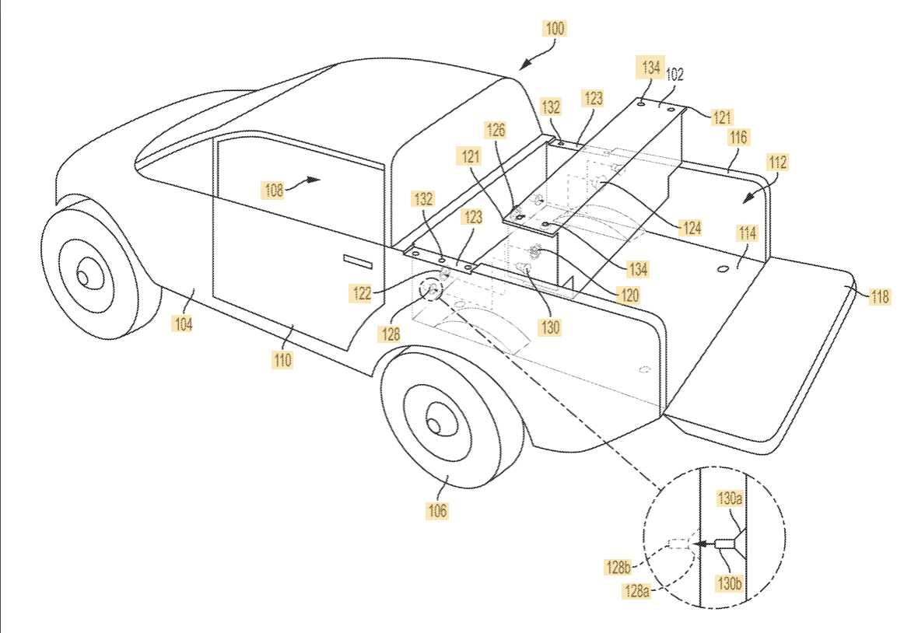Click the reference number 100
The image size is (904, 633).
coord(555,29)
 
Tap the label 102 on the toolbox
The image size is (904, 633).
coord(674,75)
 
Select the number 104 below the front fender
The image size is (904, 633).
coord(184,324)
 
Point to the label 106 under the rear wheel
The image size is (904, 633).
coord(437,510)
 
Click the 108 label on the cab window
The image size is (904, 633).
coord(273,191)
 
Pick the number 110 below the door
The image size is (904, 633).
coord(282,360)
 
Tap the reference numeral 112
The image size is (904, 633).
coord(777,163)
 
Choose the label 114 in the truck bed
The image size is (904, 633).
coord(747,233)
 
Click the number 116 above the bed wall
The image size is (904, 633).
coord(738,137)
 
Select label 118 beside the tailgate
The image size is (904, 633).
coord(880,297)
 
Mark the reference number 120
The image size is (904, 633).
coord(629,296)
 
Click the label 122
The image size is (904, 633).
coord(362,293)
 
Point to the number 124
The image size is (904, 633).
coord(691,228)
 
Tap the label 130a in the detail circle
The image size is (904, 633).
coord(729,498)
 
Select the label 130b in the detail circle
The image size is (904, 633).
coord(729,583)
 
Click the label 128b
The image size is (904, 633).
coord(618,567)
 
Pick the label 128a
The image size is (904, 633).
coord(637,590)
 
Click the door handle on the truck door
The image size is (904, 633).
coord(358,261)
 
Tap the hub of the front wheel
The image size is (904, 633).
coord(83,278)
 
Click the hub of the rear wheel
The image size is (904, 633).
coord(434,425)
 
